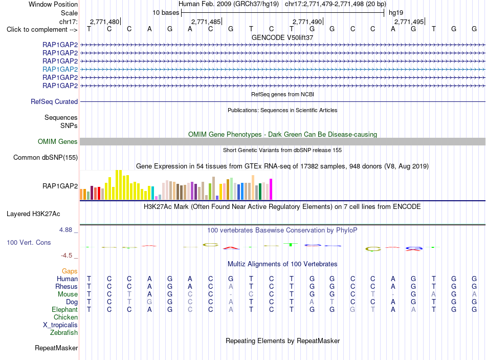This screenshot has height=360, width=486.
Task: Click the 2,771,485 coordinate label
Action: click(x=206, y=22)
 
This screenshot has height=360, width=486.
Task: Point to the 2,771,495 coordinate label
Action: click(x=409, y=22)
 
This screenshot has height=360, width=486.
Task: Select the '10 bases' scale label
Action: click(x=166, y=13)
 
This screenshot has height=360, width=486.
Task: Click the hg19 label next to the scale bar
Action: click(x=396, y=13)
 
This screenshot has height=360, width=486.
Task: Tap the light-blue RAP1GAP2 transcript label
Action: click(x=60, y=69)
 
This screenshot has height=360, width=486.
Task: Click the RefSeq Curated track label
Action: click(x=54, y=101)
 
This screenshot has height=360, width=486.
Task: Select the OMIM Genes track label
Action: click(x=58, y=141)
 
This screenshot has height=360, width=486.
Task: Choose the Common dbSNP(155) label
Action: click(x=46, y=157)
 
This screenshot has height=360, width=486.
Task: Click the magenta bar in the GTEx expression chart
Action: click(x=271, y=189)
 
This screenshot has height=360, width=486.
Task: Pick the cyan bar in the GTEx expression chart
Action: click(x=152, y=193)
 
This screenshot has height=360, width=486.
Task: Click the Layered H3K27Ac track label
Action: click(x=33, y=214)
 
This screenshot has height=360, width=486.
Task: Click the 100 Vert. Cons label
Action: click(x=29, y=242)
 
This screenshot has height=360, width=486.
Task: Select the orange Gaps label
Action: click(x=70, y=271)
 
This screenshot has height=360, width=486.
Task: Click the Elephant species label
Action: click(x=65, y=309)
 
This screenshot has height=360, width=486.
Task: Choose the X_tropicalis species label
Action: click(x=60, y=325)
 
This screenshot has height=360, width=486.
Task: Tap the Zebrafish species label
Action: click(x=64, y=333)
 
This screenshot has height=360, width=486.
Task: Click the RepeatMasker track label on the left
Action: click(x=56, y=348)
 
